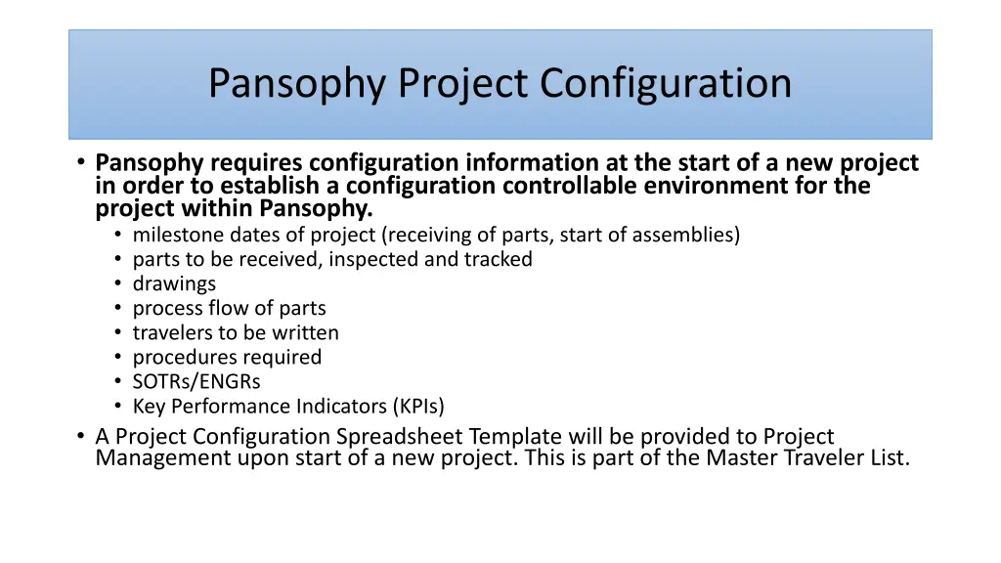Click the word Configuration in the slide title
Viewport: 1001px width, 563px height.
666,84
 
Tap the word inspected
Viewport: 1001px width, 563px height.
375,259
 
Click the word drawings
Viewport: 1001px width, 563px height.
174,283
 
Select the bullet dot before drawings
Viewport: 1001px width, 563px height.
117,283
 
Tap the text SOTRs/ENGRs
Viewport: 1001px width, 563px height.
196,381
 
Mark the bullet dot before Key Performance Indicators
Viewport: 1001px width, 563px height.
117,406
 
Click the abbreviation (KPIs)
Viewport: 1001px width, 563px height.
417,406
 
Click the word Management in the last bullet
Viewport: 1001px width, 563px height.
162,457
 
